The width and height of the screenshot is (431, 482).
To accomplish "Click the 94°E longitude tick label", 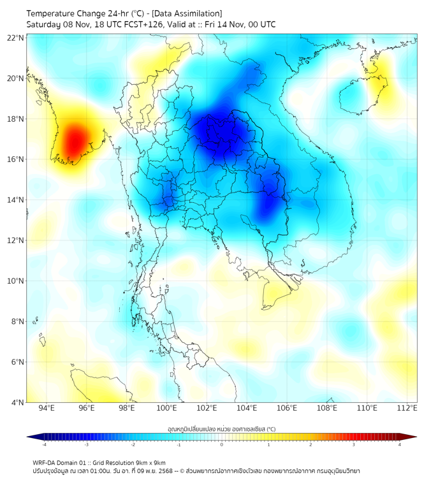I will coord(47,408).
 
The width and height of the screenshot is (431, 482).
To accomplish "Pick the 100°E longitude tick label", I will coord(167,408).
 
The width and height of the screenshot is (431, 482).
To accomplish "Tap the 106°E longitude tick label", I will coord(288,408).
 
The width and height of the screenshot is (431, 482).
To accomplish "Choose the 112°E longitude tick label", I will coord(408,408).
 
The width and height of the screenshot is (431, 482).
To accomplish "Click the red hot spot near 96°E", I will coord(74,140).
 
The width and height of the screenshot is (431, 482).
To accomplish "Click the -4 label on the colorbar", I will coord(43,445).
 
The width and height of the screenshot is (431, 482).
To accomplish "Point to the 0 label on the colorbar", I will coord(222,445).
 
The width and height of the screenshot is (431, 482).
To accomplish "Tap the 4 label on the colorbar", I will coord(400,445).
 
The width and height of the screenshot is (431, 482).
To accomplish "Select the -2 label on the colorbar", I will coord(133,445).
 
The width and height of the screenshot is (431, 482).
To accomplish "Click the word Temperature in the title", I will coord(53,13).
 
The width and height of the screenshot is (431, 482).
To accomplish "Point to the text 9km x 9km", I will coord(152,463).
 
